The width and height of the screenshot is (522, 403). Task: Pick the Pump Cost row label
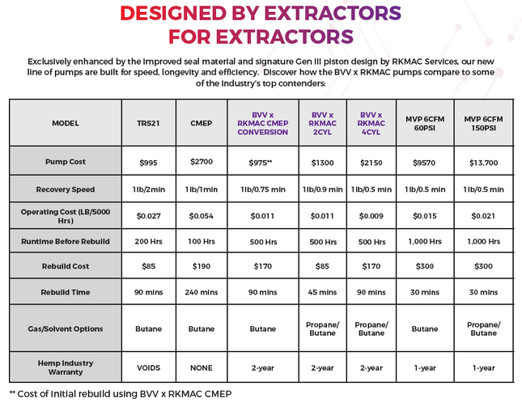pyautogui.click(x=66, y=162)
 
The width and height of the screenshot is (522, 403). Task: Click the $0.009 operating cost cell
pyautogui.click(x=371, y=215)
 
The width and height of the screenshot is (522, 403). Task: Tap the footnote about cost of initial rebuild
pyautogui.click(x=121, y=393)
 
